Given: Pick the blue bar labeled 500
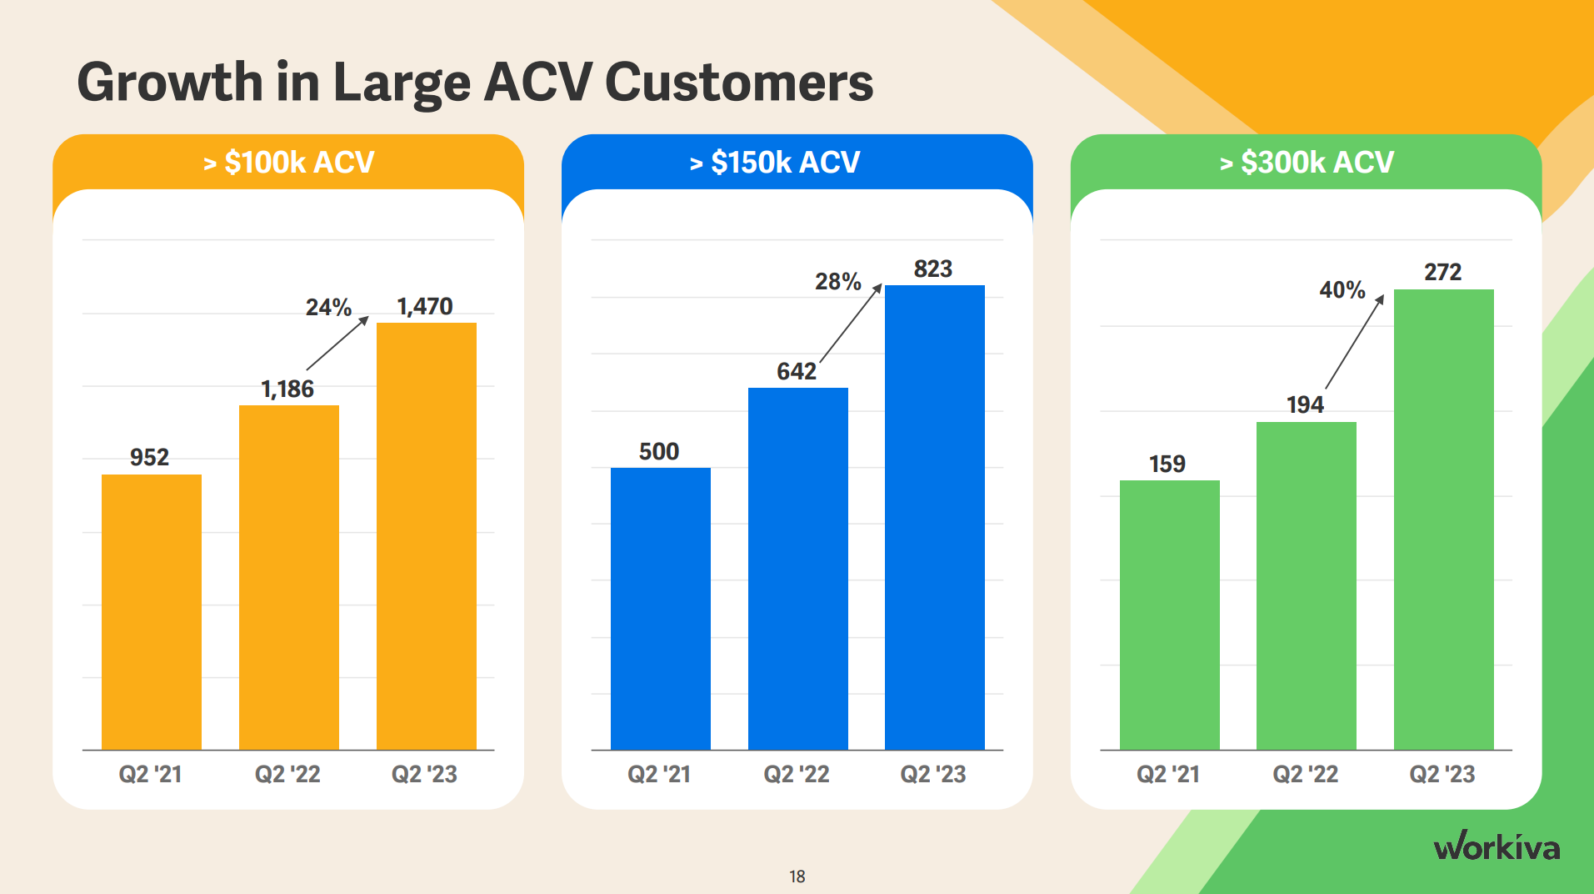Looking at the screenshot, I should (x=660, y=608).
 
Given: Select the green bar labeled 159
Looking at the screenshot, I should (x=1169, y=615).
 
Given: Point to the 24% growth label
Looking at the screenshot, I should (x=328, y=308).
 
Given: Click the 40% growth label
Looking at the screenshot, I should (x=1342, y=290).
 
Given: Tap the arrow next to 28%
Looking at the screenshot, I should (x=850, y=324).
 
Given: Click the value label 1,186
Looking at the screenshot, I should (x=287, y=389).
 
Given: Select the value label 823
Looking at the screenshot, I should (x=932, y=269).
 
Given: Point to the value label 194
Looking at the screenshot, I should (x=1304, y=404).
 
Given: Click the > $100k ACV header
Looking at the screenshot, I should (x=288, y=162).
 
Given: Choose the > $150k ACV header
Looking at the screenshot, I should (x=774, y=162).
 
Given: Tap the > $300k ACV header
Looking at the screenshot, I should (x=1306, y=162).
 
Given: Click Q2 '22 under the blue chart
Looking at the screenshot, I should (x=797, y=774).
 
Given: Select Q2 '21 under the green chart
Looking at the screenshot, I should (x=1168, y=774).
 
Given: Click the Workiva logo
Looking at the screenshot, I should (x=1497, y=846).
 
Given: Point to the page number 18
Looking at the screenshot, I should (x=797, y=876).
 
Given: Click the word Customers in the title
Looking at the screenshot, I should (x=738, y=83).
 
